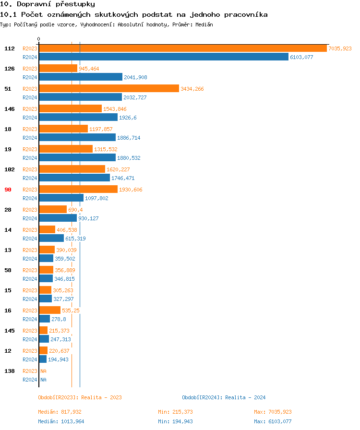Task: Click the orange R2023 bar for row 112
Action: coord(182,48)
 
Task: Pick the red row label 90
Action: coord(8,190)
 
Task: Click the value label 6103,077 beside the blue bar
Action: coord(301,57)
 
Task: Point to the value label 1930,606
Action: coord(131,190)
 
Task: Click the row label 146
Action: coord(9,109)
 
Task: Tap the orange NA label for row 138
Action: coord(43,371)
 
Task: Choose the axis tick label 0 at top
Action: coord(39,39)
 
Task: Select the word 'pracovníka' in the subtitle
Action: coord(246,15)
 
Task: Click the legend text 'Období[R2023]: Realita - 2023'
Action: coord(80,397)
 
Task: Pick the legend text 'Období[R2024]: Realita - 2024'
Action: coord(224,397)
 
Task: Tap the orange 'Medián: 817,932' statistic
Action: coord(61,412)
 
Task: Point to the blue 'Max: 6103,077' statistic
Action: coord(273,421)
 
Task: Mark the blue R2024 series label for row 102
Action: coord(30,178)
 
